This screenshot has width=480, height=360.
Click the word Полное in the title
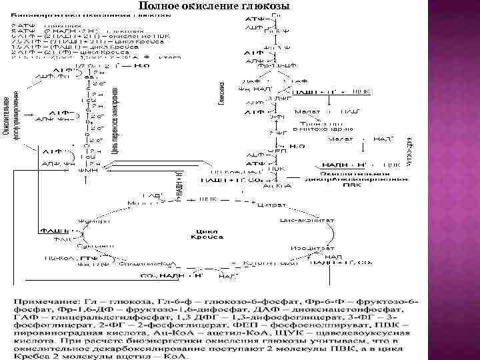[159, 6]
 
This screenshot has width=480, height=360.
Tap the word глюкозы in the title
[269, 6]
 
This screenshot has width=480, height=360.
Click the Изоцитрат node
[303, 248]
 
